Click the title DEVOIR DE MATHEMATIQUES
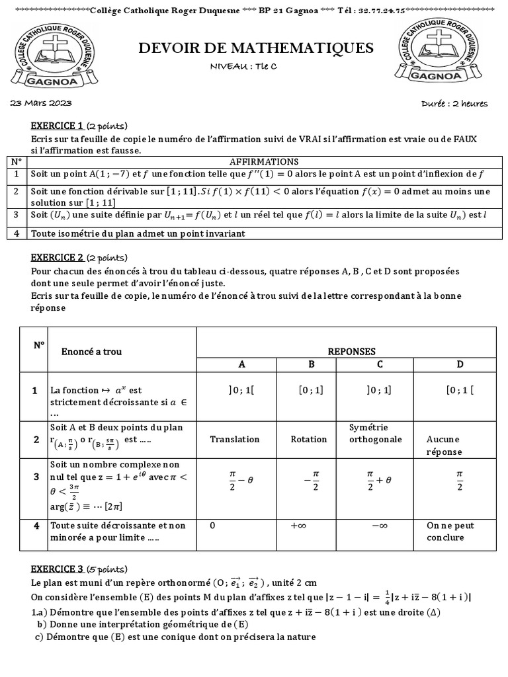(256, 48)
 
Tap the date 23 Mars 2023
(41, 104)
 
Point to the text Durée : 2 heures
(454, 104)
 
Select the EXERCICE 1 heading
(57, 126)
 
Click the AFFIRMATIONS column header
(263, 161)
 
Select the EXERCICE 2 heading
(57, 258)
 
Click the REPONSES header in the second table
(351, 352)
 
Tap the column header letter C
(380, 364)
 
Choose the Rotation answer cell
(309, 439)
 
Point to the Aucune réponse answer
(444, 446)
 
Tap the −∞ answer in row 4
(379, 526)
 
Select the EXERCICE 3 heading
(57, 569)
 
